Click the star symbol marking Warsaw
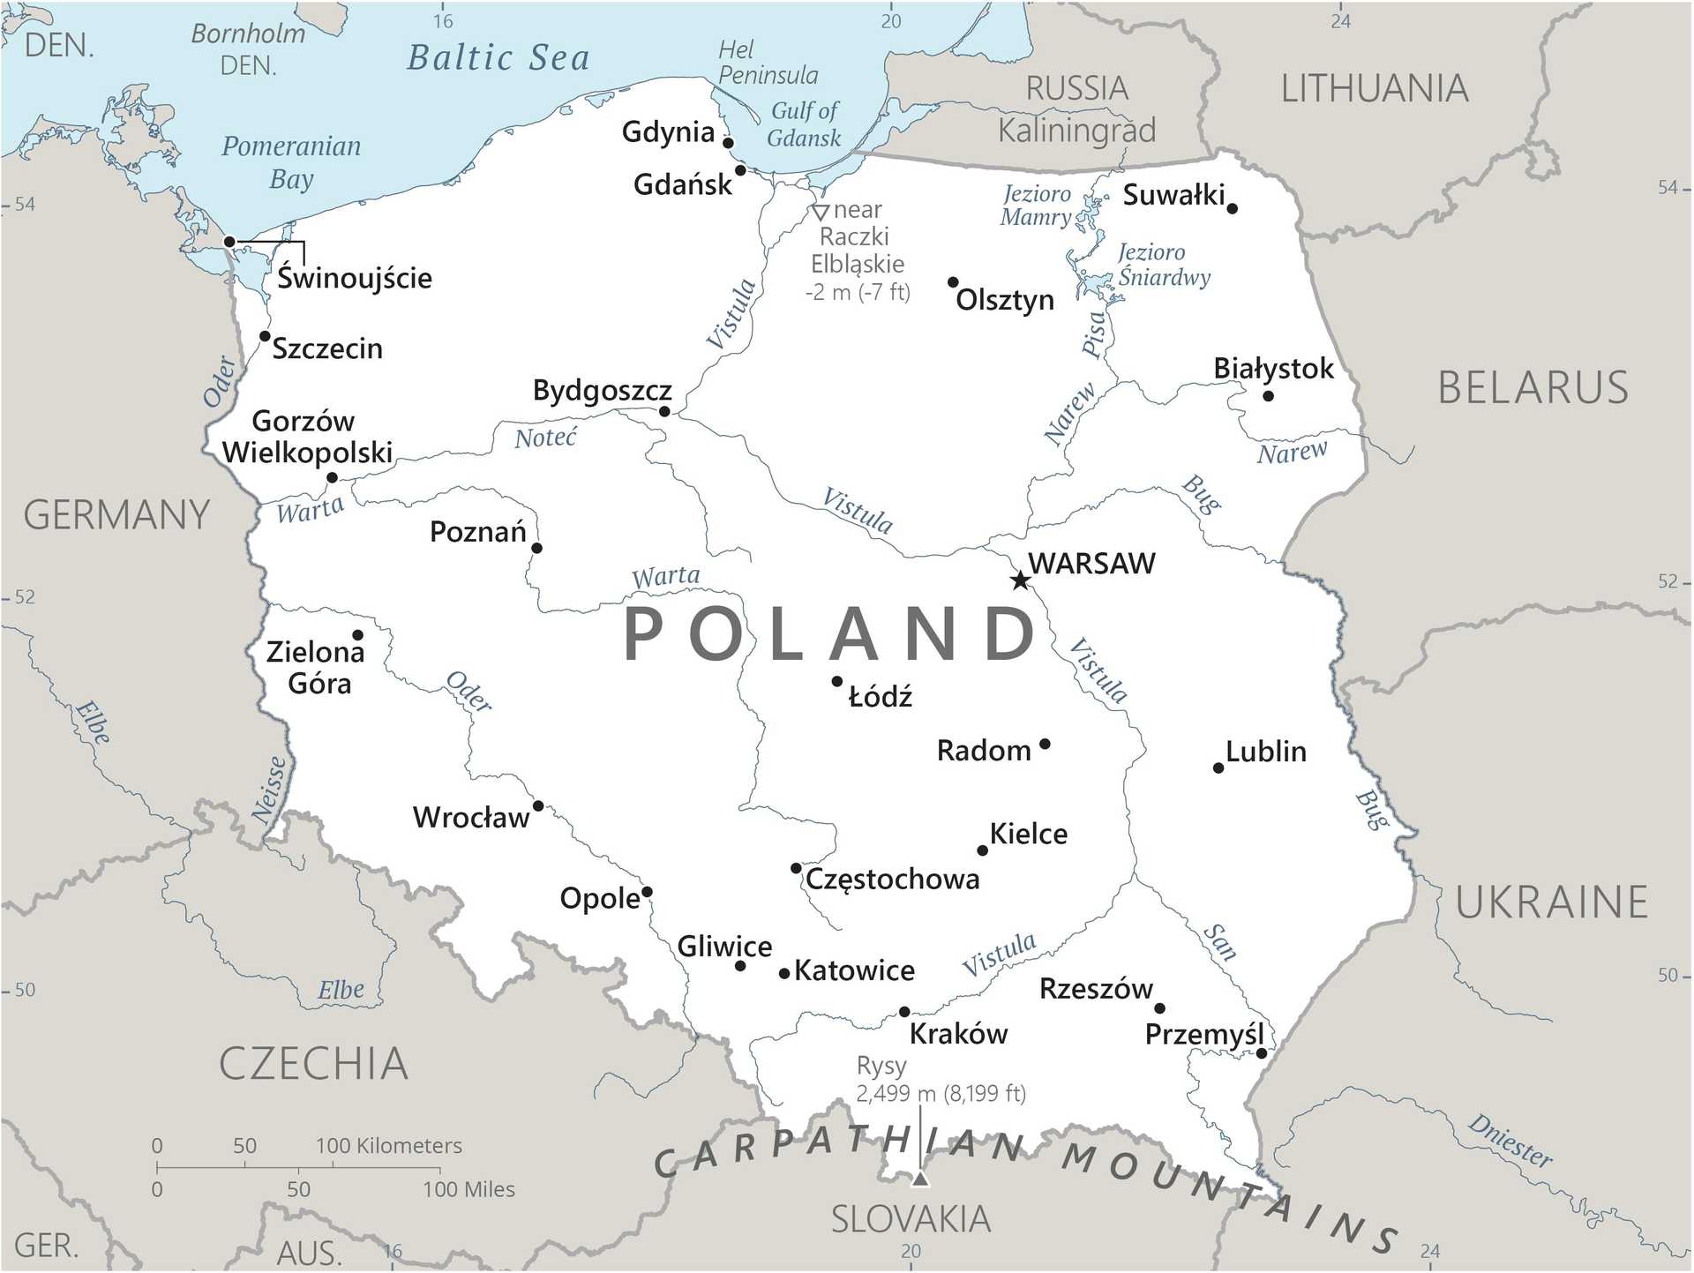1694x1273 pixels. tap(1020, 580)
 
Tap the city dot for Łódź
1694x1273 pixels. tap(836, 681)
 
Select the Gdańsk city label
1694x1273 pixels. tap(682, 184)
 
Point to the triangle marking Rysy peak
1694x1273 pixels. tap(920, 1179)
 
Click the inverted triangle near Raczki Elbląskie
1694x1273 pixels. tap(820, 213)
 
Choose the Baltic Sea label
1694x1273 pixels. tap(498, 58)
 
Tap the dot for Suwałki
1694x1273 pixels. tap(1232, 209)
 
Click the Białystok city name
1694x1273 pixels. tap(1272, 368)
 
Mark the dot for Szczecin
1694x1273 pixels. tap(265, 336)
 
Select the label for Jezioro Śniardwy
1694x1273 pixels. tap(1163, 265)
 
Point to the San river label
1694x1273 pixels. tap(1220, 941)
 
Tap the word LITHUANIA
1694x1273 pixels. tap(1374, 89)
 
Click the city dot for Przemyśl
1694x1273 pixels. tap(1261, 1053)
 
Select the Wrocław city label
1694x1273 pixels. tap(470, 817)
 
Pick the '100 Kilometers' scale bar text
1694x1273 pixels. tap(388, 1145)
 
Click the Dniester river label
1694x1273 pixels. tap(1509, 1141)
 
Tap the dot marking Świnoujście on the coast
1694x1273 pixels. tap(229, 242)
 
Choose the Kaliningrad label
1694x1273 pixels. tap(1076, 131)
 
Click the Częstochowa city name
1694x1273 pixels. tap(892, 879)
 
